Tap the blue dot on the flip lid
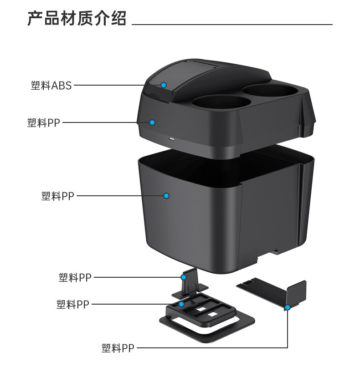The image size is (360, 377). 164,85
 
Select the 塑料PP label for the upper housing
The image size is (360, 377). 44,122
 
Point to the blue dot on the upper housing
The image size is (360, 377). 153,122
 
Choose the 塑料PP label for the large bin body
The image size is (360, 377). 57,196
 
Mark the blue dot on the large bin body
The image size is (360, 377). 166,196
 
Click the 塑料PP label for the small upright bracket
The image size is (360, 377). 75,277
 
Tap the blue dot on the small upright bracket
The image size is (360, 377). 184,277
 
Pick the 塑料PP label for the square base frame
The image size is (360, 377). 73,304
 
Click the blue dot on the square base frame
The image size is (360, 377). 181,304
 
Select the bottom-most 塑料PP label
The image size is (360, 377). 118,349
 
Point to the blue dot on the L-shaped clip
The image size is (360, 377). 288,308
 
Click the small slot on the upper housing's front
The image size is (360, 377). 172,138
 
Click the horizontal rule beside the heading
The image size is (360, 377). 232,24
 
